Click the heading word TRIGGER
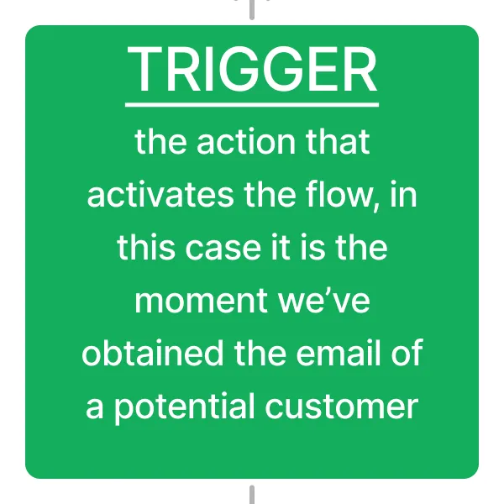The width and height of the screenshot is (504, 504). pyautogui.click(x=252, y=69)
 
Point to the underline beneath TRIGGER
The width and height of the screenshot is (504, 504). pyautogui.click(x=252, y=105)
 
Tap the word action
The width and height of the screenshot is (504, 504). pyautogui.click(x=246, y=142)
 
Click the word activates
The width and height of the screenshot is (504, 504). pyautogui.click(x=160, y=195)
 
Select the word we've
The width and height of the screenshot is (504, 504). pyautogui.click(x=323, y=301)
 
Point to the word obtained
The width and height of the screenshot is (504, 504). pyautogui.click(x=153, y=353)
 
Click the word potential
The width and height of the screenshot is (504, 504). pyautogui.click(x=185, y=407)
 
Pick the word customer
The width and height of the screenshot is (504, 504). pyautogui.click(x=342, y=407)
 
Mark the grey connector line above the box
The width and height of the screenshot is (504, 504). pyautogui.click(x=252, y=9)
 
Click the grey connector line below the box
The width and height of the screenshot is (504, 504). pyautogui.click(x=252, y=495)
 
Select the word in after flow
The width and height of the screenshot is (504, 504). pyautogui.click(x=404, y=195)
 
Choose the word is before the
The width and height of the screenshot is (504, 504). pyautogui.click(x=309, y=248)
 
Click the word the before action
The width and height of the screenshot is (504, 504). pyautogui.click(x=161, y=142)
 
